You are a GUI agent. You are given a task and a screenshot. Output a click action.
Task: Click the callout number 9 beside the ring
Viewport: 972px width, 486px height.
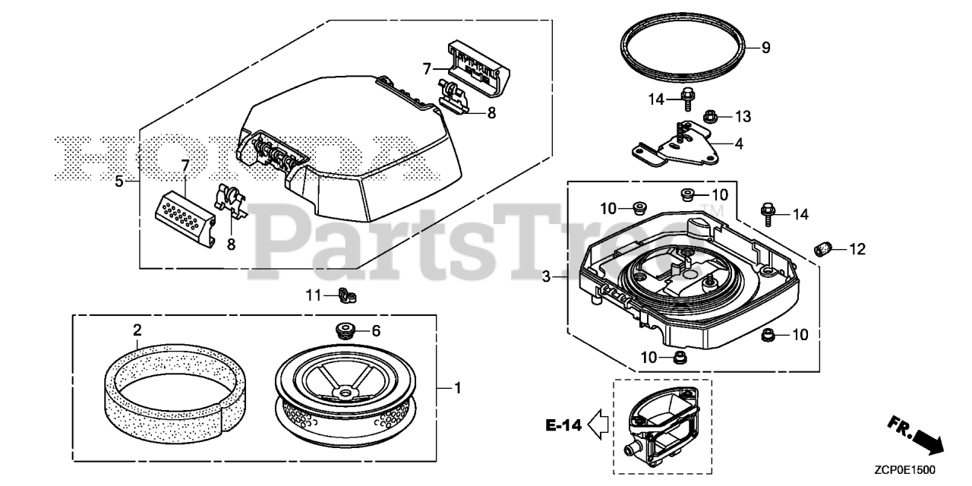point(765,48)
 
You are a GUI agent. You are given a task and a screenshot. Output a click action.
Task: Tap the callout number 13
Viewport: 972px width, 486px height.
point(742,116)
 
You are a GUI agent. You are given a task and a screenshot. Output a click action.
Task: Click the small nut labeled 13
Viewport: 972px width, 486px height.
point(712,117)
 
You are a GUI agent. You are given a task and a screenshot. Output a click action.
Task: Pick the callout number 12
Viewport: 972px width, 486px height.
point(857,248)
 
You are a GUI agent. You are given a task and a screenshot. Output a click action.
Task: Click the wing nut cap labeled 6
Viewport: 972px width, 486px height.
point(346,330)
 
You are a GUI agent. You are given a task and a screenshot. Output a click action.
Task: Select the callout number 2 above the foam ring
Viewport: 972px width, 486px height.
point(137,330)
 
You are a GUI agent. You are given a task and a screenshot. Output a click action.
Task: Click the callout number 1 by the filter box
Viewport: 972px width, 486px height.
point(457,388)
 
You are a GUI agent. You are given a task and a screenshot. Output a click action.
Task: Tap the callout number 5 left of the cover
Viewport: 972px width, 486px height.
point(118,182)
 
